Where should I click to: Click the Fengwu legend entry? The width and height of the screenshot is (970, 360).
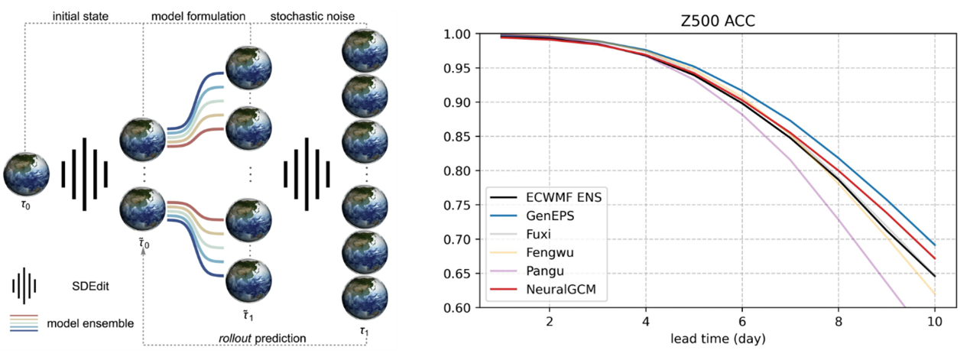click(x=551, y=251)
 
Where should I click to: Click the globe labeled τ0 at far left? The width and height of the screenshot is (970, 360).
click(x=25, y=174)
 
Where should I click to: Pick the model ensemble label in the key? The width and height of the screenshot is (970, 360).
click(x=90, y=323)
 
